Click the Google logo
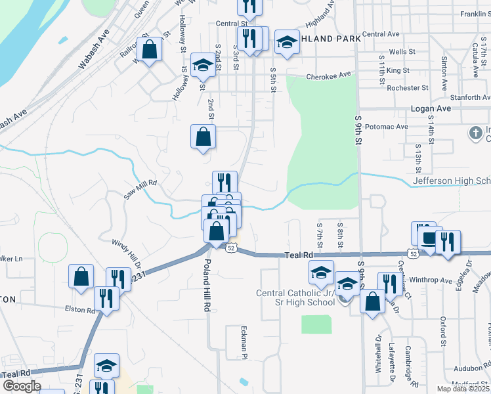21,385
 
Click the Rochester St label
408,87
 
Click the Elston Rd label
79,309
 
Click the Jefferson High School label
452,181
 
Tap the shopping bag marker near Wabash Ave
150,50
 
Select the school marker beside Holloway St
203,66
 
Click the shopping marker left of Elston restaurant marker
81,276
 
